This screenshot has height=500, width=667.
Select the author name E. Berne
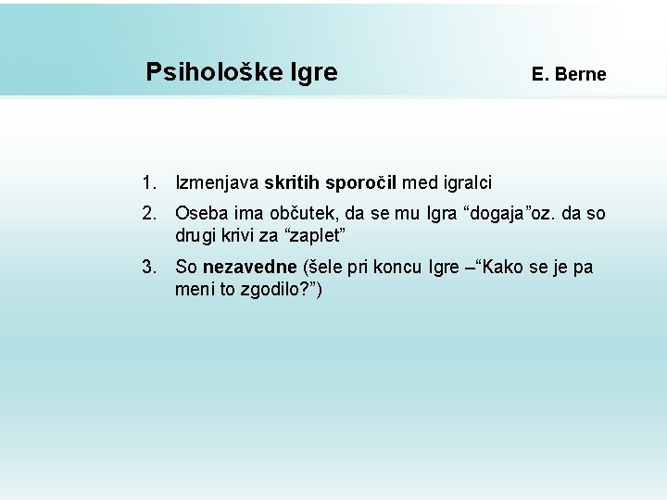point(569,74)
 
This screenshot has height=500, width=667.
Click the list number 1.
point(149,184)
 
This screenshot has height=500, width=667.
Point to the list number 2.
point(149,213)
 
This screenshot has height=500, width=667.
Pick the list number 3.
point(149,268)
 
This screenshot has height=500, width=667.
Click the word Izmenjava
point(217,184)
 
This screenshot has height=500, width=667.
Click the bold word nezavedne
point(250,268)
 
